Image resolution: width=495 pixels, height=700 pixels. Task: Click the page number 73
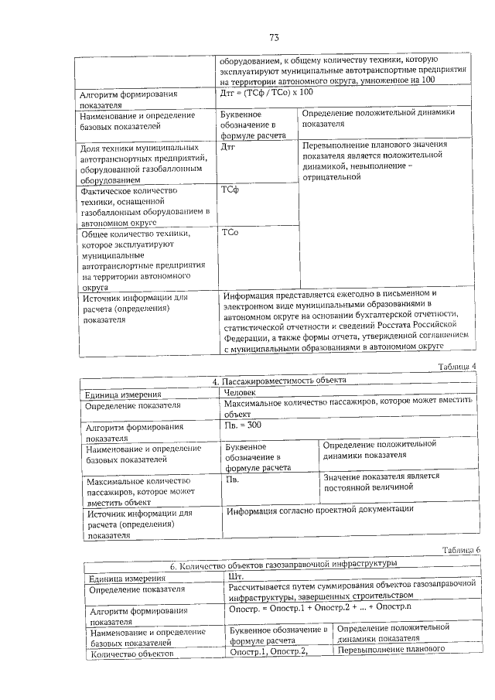coord(273,38)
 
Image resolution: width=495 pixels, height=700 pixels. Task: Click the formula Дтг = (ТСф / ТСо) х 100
coord(266,92)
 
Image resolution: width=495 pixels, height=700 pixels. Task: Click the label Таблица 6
coord(461,550)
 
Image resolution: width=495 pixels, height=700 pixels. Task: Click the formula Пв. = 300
coord(243,426)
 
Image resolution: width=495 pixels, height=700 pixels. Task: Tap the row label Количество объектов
coord(124,656)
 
